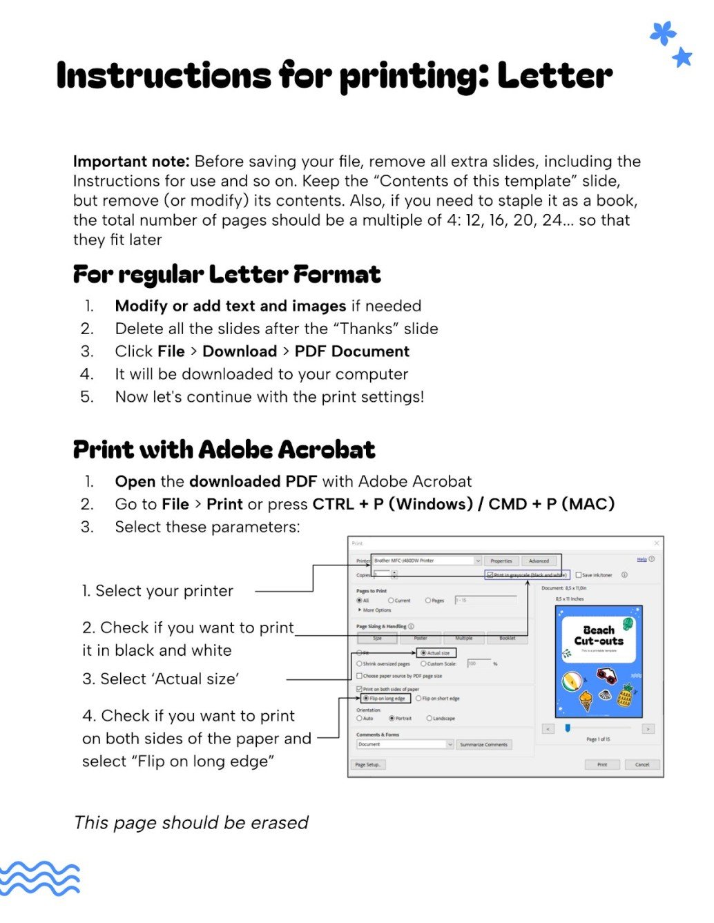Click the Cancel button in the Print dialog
[642, 764]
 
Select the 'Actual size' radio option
[424, 652]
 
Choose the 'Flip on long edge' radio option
[366, 699]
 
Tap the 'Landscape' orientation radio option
[430, 719]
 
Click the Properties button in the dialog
[501, 561]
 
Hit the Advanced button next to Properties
[539, 561]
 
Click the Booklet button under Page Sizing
[508, 639]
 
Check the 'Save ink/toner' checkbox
[579, 574]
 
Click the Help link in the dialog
[641, 559]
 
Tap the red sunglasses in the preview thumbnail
[606, 675]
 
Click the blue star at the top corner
[682, 57]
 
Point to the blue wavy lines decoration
[39, 878]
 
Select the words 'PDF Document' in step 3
[351, 351]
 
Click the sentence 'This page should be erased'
[191, 822]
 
